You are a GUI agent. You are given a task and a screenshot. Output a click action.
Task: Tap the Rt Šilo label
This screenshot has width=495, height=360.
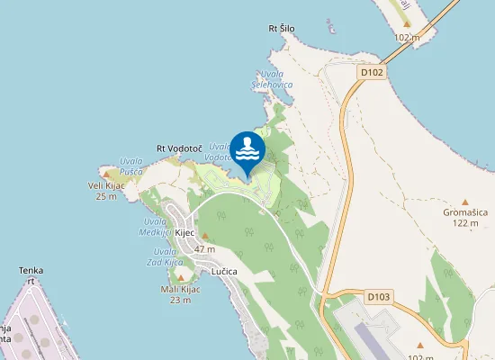282,29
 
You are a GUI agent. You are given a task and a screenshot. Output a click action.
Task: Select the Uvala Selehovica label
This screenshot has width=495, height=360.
271,78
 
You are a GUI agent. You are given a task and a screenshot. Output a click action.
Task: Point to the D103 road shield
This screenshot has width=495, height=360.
378,295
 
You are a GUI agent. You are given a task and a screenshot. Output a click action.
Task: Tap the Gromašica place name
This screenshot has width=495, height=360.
465,212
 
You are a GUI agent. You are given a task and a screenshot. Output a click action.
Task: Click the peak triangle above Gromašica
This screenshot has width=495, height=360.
465,202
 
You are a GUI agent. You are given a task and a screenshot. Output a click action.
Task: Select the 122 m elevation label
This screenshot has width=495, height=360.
466,223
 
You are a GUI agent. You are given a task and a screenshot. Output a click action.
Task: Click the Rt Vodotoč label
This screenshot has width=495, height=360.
177,148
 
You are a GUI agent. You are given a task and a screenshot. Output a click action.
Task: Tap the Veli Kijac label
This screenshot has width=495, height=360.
106,185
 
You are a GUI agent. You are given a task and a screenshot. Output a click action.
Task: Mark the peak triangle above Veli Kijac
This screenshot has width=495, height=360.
106,175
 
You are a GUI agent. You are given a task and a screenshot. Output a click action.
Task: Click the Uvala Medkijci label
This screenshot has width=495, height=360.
155,226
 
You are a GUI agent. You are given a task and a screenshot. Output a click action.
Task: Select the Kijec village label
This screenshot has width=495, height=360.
184,231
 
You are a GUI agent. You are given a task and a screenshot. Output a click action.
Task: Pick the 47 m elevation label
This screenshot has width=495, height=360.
205,248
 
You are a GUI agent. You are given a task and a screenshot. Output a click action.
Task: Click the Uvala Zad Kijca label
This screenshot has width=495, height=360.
165,256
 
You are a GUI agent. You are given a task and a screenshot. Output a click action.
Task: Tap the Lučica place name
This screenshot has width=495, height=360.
224,271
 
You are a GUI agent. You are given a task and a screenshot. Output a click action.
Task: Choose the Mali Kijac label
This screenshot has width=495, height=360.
180,289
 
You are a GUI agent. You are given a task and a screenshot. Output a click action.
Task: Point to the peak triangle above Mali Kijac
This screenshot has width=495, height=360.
180,278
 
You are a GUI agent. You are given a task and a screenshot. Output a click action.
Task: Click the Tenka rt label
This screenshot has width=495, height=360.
31,274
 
